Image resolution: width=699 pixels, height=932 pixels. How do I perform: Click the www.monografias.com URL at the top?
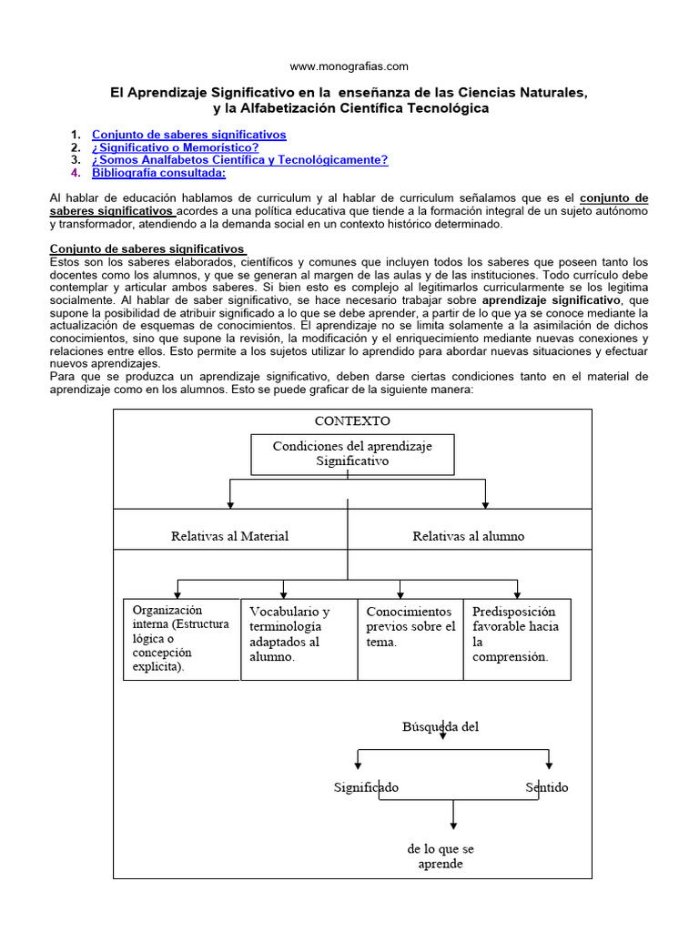click(349, 66)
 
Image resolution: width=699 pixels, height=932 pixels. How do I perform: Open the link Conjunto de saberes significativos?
click(188, 135)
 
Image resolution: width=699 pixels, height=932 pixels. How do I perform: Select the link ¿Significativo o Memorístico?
click(175, 147)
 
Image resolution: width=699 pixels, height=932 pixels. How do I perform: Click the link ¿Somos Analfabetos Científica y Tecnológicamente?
click(239, 160)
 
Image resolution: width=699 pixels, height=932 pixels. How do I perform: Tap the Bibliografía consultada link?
click(158, 173)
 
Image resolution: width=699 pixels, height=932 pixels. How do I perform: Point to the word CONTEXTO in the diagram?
click(351, 421)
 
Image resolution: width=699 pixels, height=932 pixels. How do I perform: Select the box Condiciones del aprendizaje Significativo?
click(351, 453)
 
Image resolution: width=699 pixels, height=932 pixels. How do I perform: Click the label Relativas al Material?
click(229, 536)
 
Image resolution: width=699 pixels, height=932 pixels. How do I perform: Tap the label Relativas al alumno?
click(468, 536)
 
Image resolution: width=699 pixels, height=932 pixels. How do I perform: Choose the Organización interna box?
click(181, 638)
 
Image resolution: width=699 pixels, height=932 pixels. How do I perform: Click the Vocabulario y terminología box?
click(299, 638)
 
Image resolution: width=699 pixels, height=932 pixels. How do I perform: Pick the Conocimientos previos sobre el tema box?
click(410, 638)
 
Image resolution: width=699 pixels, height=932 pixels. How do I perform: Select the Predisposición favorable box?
click(517, 638)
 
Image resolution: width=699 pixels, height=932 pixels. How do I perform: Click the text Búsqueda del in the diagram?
click(440, 726)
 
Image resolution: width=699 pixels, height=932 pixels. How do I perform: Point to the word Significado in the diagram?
click(366, 787)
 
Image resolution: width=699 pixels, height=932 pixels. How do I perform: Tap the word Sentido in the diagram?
click(546, 787)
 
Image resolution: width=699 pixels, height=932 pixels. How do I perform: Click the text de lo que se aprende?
click(441, 856)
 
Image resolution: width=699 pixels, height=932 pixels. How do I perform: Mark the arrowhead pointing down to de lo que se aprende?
click(453, 825)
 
